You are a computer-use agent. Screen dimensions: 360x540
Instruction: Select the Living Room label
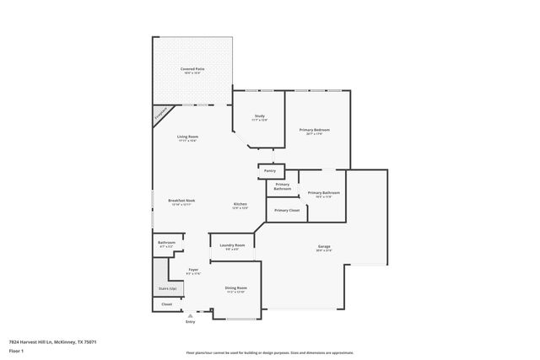coord(187,137)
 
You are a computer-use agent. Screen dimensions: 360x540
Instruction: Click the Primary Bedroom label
coord(314,130)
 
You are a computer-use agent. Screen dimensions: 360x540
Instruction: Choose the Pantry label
coord(269,171)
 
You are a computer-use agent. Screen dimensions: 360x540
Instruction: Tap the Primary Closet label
coord(287,210)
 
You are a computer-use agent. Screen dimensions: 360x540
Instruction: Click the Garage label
coord(324,247)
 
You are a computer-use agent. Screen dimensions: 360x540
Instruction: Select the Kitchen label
coord(240,205)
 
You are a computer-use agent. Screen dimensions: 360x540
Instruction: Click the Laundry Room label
coord(232,246)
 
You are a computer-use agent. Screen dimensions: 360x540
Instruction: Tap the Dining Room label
coord(235,288)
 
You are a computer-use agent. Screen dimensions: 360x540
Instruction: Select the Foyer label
coord(193,270)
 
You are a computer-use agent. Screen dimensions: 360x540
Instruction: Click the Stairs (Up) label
coord(166,287)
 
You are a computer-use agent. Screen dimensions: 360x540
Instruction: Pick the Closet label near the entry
coord(167,304)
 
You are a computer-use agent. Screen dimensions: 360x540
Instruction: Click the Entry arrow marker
coord(189,315)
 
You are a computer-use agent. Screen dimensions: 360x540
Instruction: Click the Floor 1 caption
coord(16,350)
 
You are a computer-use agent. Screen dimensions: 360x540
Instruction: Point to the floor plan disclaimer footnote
coord(270,352)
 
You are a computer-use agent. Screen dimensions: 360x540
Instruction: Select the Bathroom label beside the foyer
coord(166,243)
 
